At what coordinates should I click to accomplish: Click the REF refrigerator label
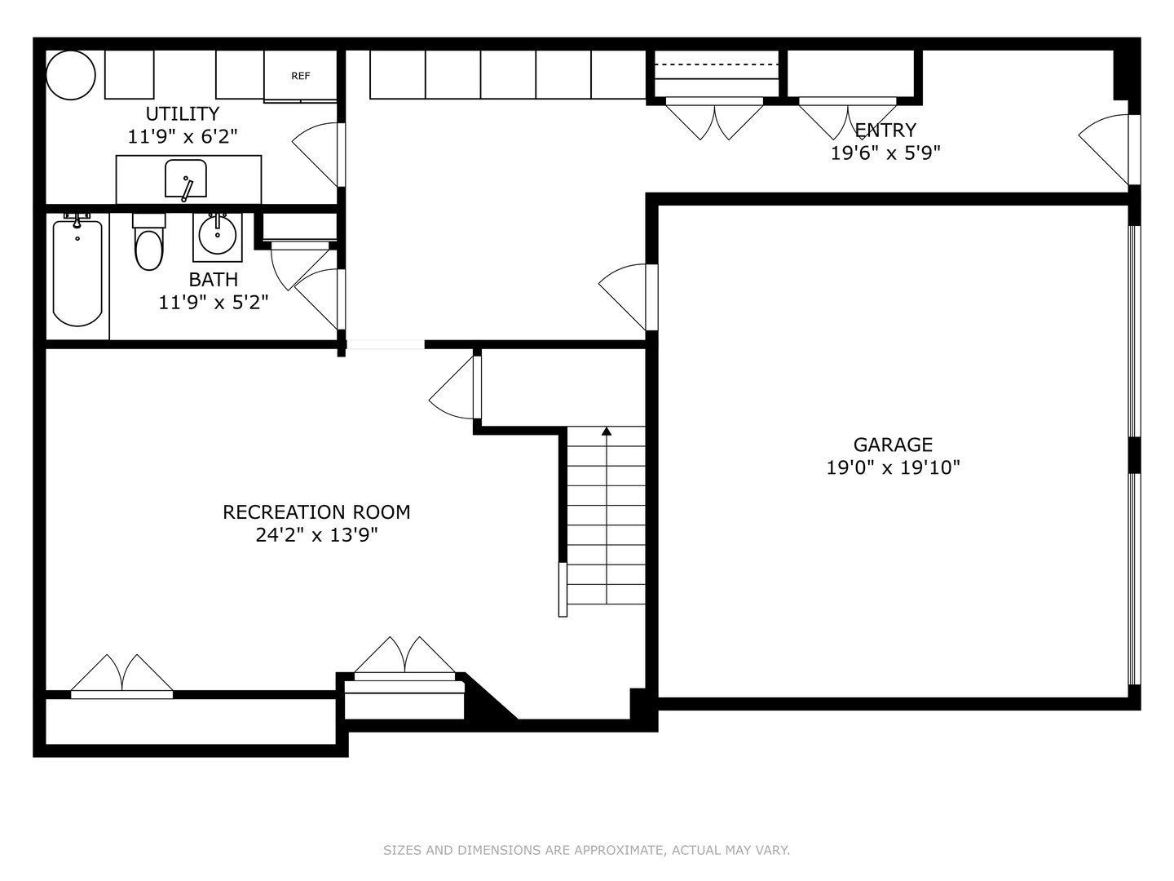tap(301, 76)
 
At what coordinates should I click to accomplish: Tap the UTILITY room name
tap(183, 113)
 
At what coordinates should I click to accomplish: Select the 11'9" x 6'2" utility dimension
tap(183, 136)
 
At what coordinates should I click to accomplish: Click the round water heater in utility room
tap(71, 75)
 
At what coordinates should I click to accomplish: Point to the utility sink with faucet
tap(186, 179)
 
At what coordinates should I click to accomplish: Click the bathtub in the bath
tap(77, 272)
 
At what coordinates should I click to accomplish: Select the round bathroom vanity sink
tap(217, 233)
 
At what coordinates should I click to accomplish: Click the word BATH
tap(214, 280)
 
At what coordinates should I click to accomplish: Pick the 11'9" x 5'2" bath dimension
tap(214, 303)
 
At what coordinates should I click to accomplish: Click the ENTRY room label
tap(885, 130)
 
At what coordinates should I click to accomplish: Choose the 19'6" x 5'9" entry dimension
tap(885, 153)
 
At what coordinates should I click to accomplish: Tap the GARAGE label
tap(893, 445)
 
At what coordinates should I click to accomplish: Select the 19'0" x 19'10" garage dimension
tap(893, 467)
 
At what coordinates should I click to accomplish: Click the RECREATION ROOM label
tap(316, 512)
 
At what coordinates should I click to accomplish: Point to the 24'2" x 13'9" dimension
tap(316, 535)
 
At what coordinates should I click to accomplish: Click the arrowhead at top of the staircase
tap(606, 431)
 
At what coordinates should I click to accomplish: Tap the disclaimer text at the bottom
tap(586, 850)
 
